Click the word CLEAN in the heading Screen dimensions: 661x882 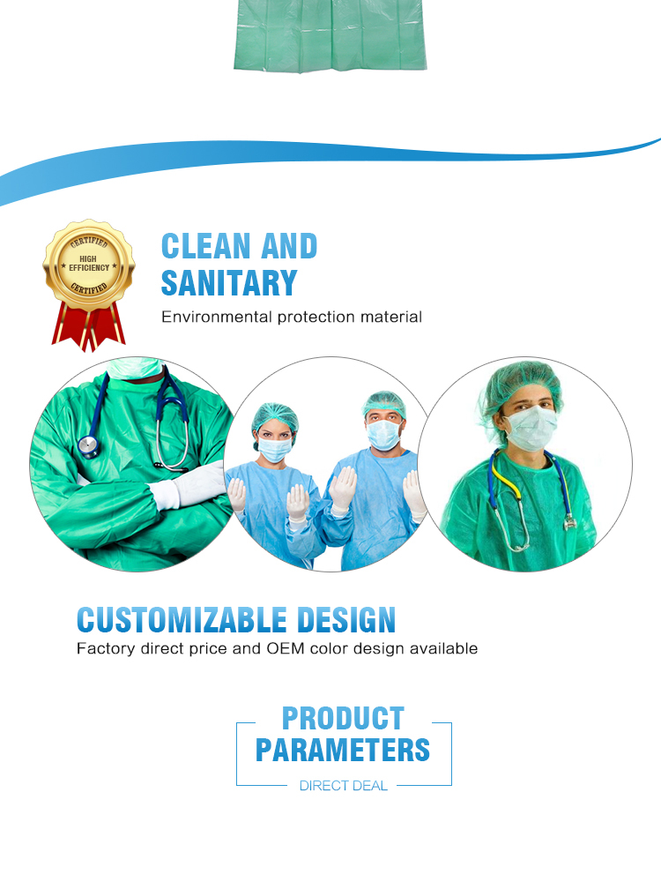pyautogui.click(x=205, y=246)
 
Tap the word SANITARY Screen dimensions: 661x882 pyautogui.click(x=229, y=283)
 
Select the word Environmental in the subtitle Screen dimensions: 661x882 pyautogui.click(x=217, y=317)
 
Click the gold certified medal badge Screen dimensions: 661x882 pyautogui.click(x=89, y=263)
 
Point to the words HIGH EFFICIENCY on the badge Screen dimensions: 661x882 pyautogui.click(x=89, y=263)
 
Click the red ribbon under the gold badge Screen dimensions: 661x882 pyautogui.click(x=89, y=326)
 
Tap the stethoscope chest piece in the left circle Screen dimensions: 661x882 pyautogui.click(x=88, y=446)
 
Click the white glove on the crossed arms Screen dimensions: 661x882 pyautogui.click(x=190, y=485)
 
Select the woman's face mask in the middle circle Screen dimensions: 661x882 pyautogui.click(x=274, y=450)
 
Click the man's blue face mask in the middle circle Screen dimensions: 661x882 pyautogui.click(x=383, y=435)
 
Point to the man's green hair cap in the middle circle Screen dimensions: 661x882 pyautogui.click(x=383, y=405)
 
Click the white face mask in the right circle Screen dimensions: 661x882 pyautogui.click(x=531, y=429)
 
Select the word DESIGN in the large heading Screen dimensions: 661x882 pyautogui.click(x=345, y=620)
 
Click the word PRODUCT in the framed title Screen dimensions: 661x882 pyautogui.click(x=343, y=718)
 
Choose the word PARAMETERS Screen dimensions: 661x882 pyautogui.click(x=343, y=750)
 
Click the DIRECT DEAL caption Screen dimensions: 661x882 pyautogui.click(x=343, y=786)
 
